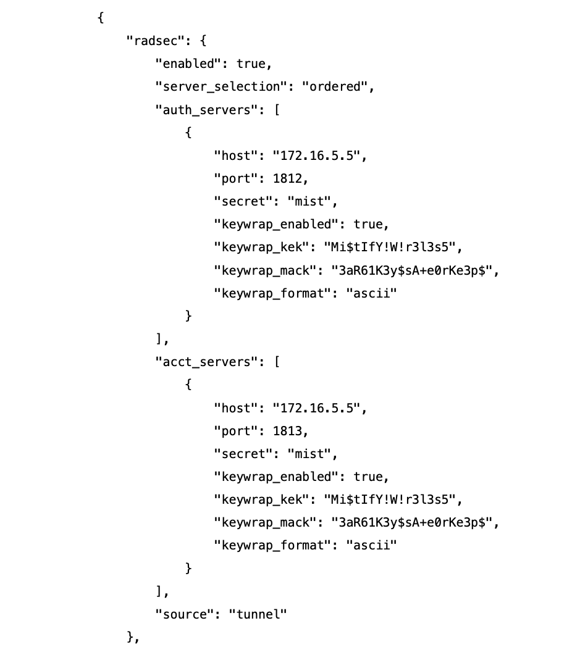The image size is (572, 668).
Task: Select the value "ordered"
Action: pos(337,86)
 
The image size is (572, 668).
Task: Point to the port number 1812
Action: pos(289,178)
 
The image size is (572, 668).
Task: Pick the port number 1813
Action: pos(289,431)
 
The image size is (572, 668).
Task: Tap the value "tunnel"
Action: pos(258,614)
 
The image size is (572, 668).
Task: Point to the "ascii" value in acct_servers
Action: pos(370,545)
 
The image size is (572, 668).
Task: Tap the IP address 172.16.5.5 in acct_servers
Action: pos(319,408)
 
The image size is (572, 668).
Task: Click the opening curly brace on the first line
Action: pos(100,17)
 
